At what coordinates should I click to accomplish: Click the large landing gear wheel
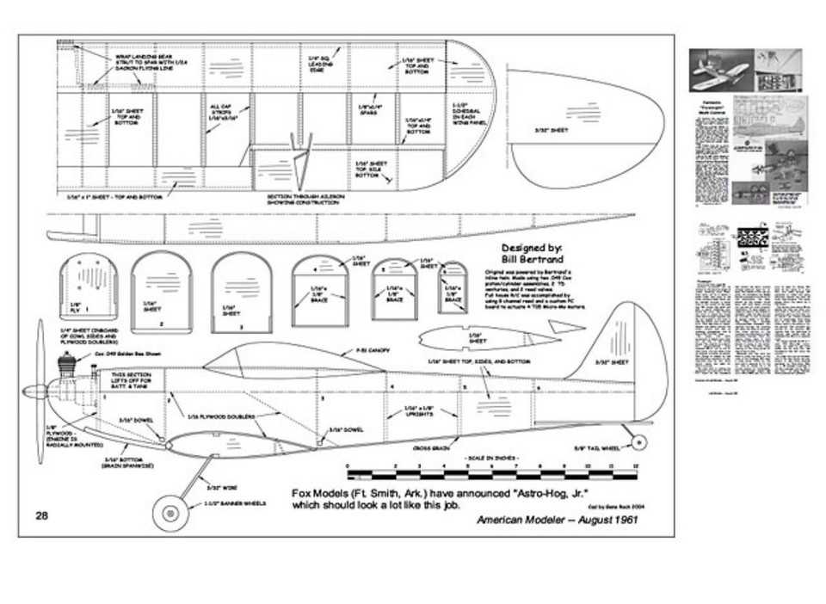click(168, 514)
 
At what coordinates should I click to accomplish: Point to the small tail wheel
click(638, 441)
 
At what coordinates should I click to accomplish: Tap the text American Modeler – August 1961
click(558, 521)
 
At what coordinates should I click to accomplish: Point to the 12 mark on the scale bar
click(636, 466)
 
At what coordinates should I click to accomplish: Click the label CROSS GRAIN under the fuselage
click(429, 447)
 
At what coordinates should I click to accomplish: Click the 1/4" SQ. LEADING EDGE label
click(318, 61)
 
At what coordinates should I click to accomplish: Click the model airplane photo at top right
click(722, 70)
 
